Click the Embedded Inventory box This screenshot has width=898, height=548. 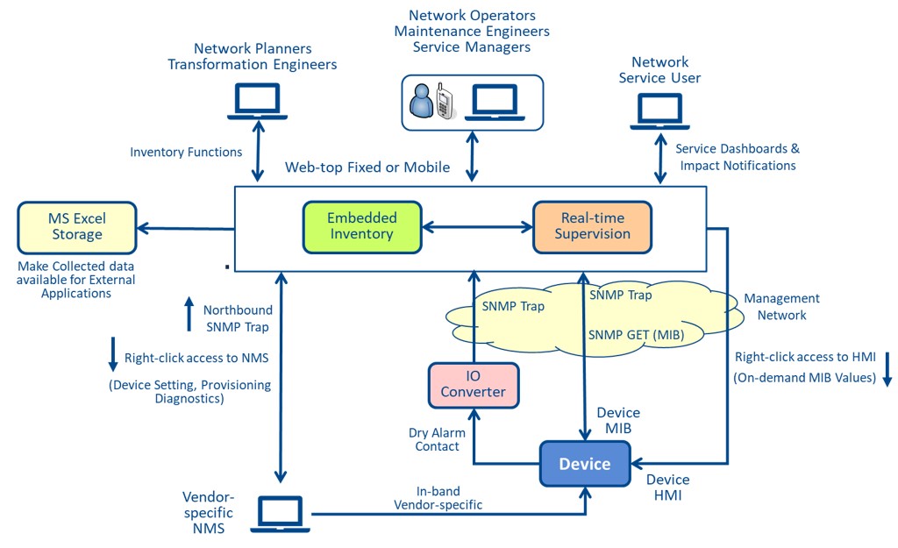coord(362,226)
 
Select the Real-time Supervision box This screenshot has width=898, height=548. coord(592,226)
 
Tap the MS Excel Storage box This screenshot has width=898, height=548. coord(75,226)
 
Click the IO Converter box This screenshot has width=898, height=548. coord(473,385)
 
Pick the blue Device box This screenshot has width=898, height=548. coord(585,464)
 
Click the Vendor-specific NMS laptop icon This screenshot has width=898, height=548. coord(282,514)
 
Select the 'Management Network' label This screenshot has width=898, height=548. coord(781,306)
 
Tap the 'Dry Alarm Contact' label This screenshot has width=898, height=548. coord(437,439)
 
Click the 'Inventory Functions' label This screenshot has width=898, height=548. coord(186,152)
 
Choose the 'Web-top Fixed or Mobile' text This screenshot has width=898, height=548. coord(367,167)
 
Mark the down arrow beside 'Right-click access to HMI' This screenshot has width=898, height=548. coord(886,368)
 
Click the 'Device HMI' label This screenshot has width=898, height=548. coord(667,488)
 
